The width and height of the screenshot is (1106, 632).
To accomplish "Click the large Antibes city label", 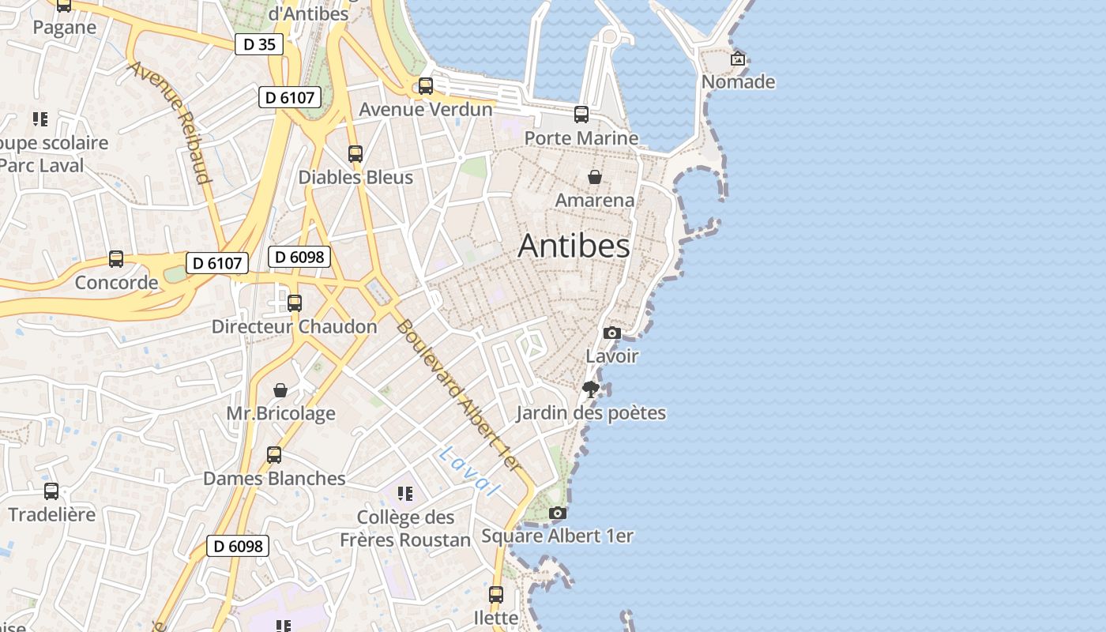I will [574, 246].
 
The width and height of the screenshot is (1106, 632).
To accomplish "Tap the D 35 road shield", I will [259, 44].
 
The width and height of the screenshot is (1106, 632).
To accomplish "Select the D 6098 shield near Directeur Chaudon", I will [299, 257].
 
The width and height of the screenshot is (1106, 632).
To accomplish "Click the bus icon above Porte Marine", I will [581, 115].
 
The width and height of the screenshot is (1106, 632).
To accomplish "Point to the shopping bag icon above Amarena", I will [594, 177].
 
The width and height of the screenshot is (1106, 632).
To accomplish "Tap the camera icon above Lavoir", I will [612, 333].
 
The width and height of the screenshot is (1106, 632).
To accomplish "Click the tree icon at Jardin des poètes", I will [590, 389].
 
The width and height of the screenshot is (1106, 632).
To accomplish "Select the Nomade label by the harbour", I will [738, 82].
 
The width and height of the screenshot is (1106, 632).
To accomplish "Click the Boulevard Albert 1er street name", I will [459, 396].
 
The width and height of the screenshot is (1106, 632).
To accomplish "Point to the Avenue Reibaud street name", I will [171, 122].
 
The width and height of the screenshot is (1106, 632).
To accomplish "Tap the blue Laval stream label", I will [470, 472].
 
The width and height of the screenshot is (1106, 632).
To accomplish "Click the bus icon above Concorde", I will [116, 259].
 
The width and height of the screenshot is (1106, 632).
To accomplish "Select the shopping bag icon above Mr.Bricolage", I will [280, 390].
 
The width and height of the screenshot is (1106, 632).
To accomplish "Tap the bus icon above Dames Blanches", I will [274, 455].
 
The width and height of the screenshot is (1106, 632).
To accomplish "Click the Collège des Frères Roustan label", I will [405, 529].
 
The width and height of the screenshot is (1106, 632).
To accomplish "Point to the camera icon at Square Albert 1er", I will [558, 513].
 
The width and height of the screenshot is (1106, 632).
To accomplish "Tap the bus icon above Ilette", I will [496, 595].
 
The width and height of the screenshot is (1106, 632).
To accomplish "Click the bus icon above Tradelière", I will [51, 491].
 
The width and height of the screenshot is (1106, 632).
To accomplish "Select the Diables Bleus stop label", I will [355, 177].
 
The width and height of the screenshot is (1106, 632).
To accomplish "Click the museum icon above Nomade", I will [738, 58].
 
